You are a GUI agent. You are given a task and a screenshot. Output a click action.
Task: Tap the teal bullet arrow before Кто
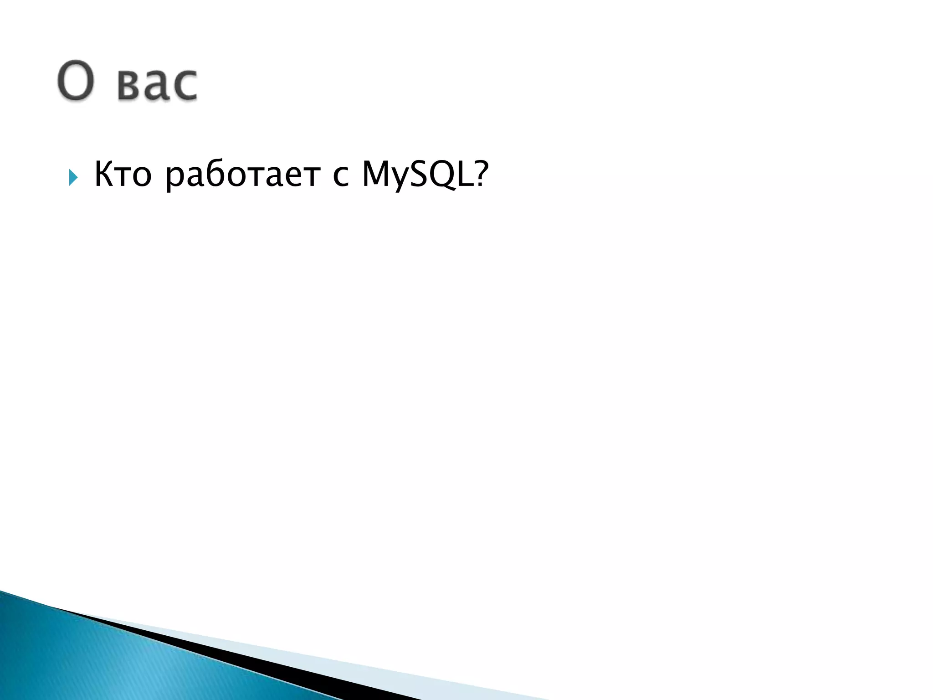(73, 177)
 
